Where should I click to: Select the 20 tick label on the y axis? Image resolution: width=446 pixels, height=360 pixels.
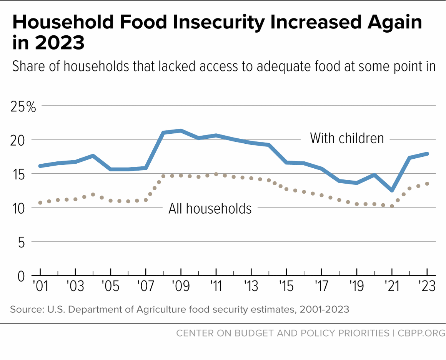pos(17,140)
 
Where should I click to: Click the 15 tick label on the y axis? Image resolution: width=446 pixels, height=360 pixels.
pos(17,174)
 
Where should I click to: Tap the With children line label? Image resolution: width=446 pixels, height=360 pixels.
pos(347,138)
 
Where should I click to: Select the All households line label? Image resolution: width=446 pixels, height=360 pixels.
pos(210,209)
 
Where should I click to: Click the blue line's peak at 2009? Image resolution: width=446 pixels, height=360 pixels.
pos(181,131)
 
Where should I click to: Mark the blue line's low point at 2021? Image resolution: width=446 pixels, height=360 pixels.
pos(392,190)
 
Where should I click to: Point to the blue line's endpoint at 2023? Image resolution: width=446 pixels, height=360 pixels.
pos(427,154)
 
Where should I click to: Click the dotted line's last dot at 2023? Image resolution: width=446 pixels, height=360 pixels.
pos(427,184)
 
